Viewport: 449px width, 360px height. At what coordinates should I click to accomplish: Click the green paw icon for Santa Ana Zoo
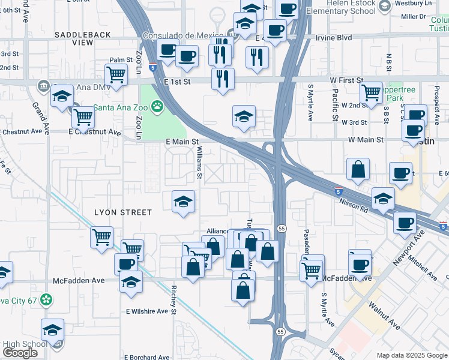click(x=157, y=107)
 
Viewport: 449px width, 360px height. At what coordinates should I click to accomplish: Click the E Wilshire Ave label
click(x=147, y=311)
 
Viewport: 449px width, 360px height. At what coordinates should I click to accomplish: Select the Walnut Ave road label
click(x=385, y=314)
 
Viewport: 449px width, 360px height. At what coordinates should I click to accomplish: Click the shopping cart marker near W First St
click(x=372, y=92)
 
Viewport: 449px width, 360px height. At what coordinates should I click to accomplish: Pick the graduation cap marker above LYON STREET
click(x=184, y=201)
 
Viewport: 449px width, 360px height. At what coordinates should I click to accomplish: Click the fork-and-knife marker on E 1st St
click(x=223, y=78)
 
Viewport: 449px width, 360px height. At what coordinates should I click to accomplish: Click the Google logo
click(x=20, y=353)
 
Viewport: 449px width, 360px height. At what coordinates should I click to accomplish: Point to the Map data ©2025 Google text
click(x=411, y=355)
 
